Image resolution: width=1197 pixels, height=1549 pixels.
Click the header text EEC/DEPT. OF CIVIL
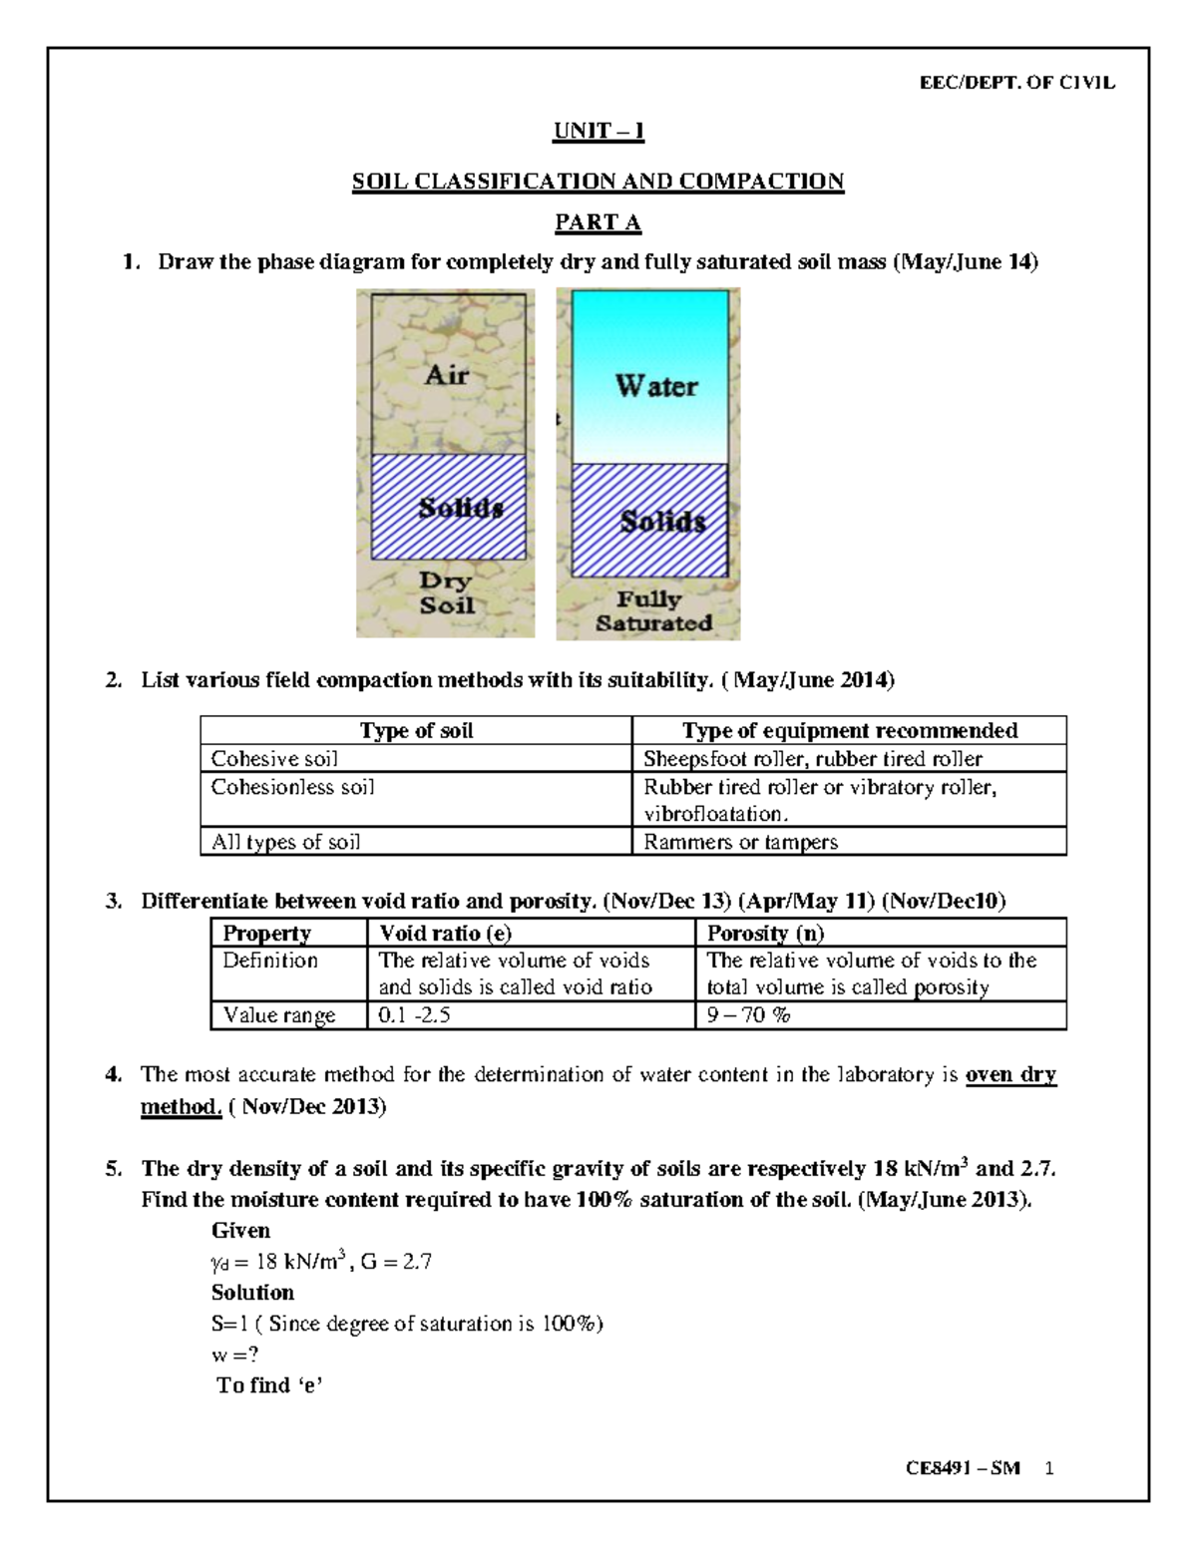coord(1016,83)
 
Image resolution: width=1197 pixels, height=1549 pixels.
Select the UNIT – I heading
coord(598,131)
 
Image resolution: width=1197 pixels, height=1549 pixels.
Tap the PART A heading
coord(598,222)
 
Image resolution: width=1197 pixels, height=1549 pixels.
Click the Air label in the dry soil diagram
coord(446,375)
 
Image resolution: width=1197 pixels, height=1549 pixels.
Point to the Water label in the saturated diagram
coord(655,386)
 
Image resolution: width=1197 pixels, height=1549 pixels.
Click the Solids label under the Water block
coord(662,521)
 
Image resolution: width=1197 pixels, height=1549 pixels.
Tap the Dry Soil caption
coord(446,592)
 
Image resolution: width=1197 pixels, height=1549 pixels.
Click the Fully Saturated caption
coord(653,611)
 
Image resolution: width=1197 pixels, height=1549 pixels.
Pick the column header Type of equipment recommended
coord(849,731)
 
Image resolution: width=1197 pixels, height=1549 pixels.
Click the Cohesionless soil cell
coord(293,787)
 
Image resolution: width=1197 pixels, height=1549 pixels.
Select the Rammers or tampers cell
coord(740,842)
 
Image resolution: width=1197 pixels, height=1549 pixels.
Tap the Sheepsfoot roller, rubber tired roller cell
coord(813,759)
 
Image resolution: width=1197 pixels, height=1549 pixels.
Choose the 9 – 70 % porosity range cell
coord(748,1015)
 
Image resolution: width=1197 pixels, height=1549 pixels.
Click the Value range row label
coord(278,1015)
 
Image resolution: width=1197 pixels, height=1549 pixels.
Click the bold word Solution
coord(252,1293)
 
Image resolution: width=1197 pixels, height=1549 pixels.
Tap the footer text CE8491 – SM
coord(963,1469)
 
